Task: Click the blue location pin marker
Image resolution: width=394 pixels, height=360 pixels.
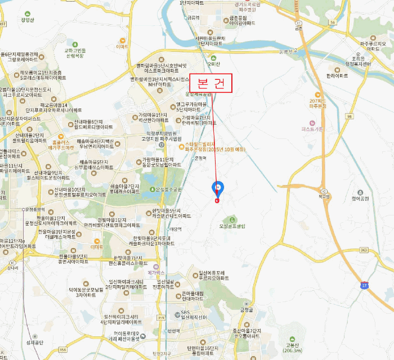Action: coord(217,189)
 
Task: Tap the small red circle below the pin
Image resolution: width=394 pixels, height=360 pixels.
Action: coord(217,200)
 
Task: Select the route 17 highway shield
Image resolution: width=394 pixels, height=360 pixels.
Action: coord(365,285)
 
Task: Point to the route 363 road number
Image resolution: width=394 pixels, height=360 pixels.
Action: coord(364,250)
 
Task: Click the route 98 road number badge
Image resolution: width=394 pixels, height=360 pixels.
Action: coord(350,116)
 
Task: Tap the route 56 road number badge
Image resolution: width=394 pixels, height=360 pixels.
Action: coord(333,22)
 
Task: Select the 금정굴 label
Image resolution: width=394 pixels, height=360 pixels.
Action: coord(247,309)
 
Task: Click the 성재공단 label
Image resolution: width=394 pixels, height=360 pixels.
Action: coord(35,342)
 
